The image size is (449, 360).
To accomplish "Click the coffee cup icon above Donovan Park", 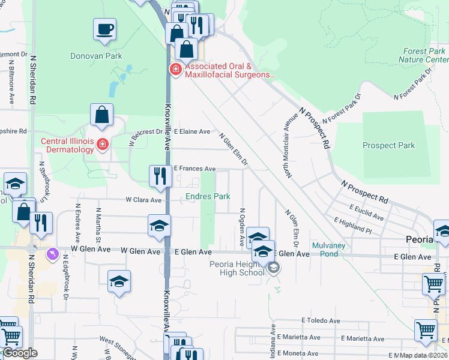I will point(104,29).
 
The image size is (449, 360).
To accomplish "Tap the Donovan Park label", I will point(96,56).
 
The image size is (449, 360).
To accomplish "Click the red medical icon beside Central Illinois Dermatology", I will point(103,145).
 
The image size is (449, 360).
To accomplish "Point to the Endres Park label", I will point(208,196).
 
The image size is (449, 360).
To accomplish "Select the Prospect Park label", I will point(388,145).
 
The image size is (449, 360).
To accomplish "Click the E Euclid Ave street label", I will point(366,212).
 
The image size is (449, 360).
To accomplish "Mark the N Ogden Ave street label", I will point(242,227).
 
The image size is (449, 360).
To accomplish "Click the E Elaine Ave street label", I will point(192,131).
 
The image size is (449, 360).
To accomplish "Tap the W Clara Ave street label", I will point(143,200).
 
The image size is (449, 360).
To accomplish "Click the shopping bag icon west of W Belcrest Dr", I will point(102,116).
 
